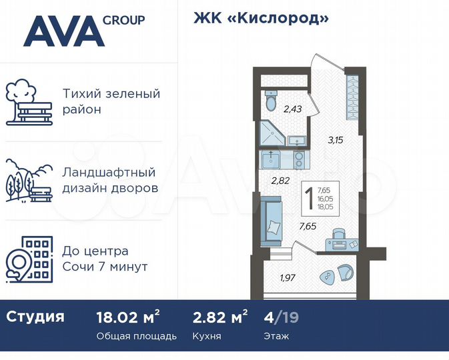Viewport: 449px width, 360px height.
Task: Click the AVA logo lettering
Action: pyautogui.click(x=64, y=31)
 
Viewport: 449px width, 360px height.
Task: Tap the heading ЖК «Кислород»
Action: pyautogui.click(x=261, y=19)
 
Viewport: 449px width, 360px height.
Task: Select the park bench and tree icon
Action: pyautogui.click(x=29, y=103)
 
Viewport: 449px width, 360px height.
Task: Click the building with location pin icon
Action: pyautogui.click(x=29, y=259)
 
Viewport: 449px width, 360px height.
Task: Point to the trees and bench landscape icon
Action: pyautogui.click(x=29, y=180)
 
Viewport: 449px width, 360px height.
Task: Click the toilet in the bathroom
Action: pyautogui.click(x=271, y=102)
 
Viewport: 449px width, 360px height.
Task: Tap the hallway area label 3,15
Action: pyautogui.click(x=335, y=140)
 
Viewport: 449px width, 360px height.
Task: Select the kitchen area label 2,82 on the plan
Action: pyautogui.click(x=280, y=180)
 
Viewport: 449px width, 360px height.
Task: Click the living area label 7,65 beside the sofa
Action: pyautogui.click(x=308, y=225)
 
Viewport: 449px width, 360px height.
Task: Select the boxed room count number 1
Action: pyautogui.click(x=310, y=197)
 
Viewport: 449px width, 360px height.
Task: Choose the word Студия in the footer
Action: pyautogui.click(x=35, y=317)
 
